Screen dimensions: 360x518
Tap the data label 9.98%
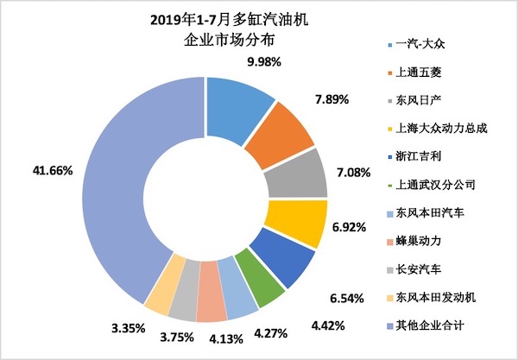click(262, 62)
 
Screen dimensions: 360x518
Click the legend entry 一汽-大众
click(424, 44)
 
